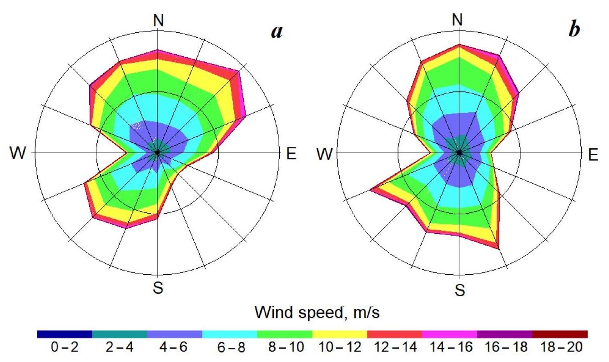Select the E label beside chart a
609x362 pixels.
(291, 154)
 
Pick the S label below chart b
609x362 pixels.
(460, 289)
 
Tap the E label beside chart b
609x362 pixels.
(593, 155)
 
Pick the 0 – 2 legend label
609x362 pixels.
(65, 347)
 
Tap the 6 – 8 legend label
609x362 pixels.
(231, 347)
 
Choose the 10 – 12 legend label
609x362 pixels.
(340, 347)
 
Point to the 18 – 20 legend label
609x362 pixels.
(560, 347)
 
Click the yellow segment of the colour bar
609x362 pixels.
(340, 334)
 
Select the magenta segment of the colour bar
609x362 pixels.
(450, 334)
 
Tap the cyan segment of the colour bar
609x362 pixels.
(230, 334)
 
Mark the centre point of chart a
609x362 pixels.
(157, 153)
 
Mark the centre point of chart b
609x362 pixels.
(460, 153)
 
